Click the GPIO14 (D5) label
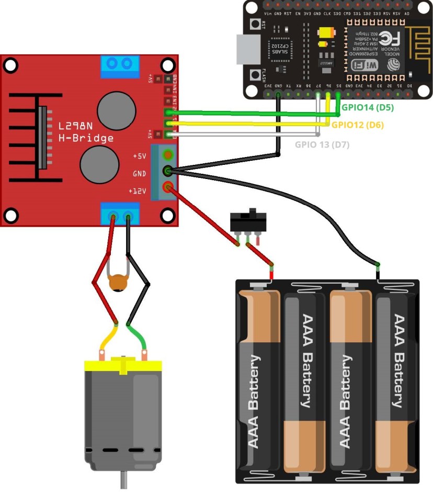[367, 107]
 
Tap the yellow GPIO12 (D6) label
[358, 125]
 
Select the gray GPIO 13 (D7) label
[322, 144]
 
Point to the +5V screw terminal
[168, 155]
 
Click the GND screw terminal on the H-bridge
[168, 171]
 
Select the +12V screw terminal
[168, 186]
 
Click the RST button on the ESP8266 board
[256, 24]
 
